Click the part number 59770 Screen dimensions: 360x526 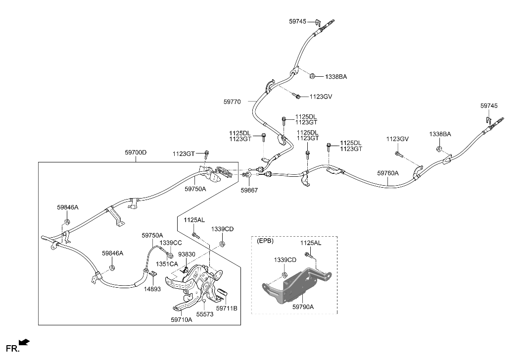point(232,102)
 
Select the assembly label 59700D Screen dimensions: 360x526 point(136,153)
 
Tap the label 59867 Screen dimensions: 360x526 point(249,190)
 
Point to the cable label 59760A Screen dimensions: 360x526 point(387,173)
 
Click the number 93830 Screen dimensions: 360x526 point(186,254)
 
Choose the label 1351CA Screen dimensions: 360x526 point(167,264)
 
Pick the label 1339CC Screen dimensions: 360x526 point(171,243)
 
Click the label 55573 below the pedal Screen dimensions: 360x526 point(204,314)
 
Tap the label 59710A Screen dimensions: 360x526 point(182,320)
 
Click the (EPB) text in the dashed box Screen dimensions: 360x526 point(265,242)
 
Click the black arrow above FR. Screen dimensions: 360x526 point(24,341)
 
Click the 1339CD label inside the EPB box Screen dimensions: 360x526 point(285,260)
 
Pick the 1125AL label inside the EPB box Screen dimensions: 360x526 point(310,243)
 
